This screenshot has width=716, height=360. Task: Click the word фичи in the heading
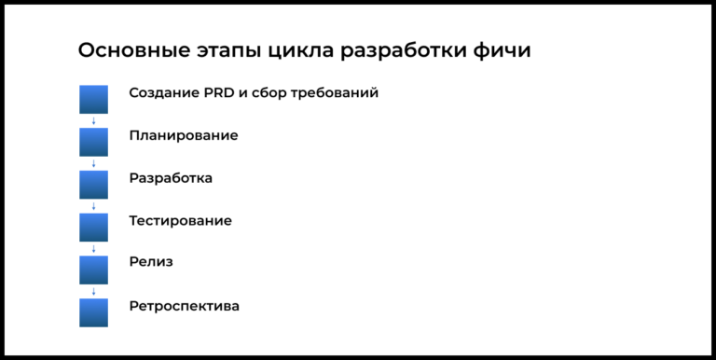tap(503, 51)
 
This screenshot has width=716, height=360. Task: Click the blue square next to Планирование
tap(93, 142)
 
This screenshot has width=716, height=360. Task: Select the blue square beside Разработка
tap(93, 185)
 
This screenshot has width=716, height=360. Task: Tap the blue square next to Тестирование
tap(93, 228)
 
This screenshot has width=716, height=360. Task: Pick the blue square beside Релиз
tap(93, 270)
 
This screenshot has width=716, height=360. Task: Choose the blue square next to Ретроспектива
tap(93, 312)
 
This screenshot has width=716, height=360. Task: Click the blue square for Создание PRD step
tap(93, 100)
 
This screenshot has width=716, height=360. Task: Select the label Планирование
tap(184, 136)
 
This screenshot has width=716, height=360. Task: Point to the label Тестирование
tap(180, 221)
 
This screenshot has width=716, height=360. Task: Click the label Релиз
tap(151, 263)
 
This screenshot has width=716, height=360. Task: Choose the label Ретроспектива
tap(184, 306)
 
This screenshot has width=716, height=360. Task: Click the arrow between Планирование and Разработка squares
tap(93, 163)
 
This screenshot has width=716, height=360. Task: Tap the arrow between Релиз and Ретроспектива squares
tap(93, 291)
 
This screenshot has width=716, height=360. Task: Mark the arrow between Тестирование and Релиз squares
tap(93, 248)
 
